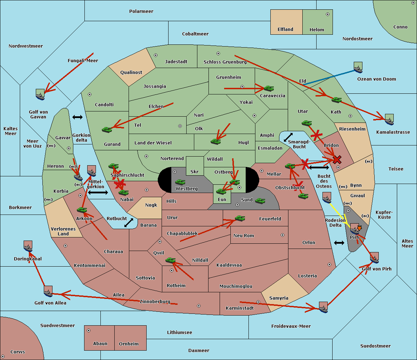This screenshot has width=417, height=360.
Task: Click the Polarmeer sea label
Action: point(141,11)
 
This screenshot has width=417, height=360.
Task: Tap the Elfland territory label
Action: point(285,30)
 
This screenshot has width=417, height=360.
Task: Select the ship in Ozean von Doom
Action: point(358,67)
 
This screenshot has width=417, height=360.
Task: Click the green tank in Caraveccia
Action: point(269,89)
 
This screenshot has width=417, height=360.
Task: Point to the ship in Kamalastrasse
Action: point(389,119)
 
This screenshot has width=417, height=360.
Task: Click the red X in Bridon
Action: point(337,160)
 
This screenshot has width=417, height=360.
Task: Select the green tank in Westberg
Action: point(180,182)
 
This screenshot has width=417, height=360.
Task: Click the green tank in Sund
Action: point(260,201)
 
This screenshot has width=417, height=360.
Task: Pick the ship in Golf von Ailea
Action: point(48,291)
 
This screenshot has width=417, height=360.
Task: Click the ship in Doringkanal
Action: point(28,246)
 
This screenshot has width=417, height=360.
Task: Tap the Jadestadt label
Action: point(176,62)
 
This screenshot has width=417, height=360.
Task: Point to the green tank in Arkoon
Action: point(82,210)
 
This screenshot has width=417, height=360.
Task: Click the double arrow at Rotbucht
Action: point(129,223)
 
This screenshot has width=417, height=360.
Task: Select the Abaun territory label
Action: point(100,344)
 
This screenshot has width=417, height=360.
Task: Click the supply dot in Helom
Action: point(327,14)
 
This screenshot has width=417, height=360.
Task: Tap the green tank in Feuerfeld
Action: point(240,218)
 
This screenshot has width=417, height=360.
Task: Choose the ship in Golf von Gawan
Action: point(40,94)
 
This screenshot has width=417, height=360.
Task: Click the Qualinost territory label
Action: point(131,73)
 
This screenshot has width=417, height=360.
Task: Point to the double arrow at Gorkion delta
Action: point(77,117)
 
